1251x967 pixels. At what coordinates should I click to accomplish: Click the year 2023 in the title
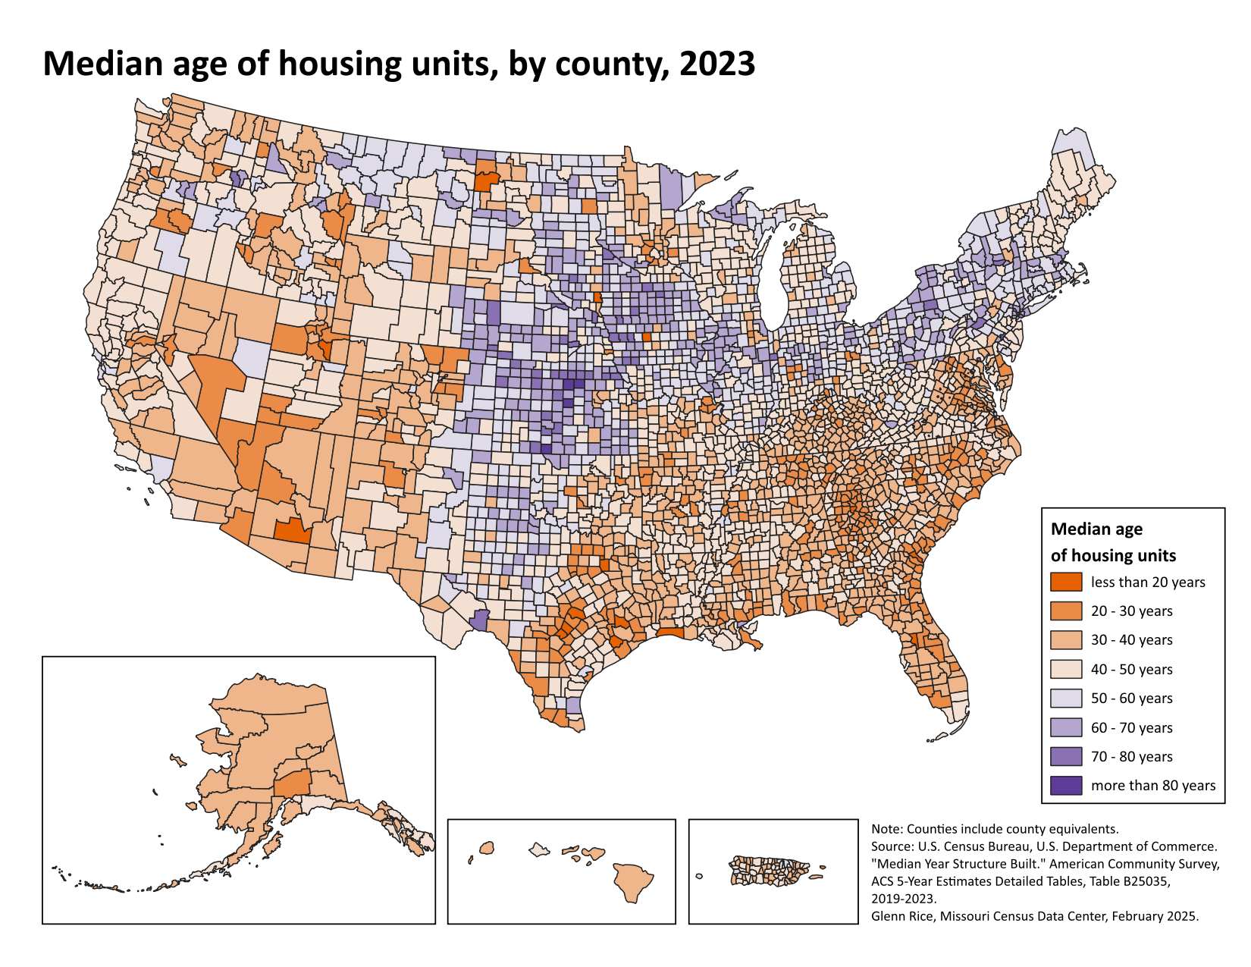click(716, 64)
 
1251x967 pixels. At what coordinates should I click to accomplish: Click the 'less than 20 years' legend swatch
click(1066, 582)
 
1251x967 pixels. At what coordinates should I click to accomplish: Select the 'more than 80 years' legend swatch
click(1066, 786)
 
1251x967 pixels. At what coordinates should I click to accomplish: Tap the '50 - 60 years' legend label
click(1131, 699)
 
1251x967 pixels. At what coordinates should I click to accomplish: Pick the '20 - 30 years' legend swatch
click(1066, 611)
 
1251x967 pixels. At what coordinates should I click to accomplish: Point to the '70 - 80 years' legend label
click(1131, 757)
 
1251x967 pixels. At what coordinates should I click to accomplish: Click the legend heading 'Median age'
click(1096, 529)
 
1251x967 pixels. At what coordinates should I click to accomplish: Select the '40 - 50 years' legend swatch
click(1066, 670)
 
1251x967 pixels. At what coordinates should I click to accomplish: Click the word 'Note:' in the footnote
click(887, 829)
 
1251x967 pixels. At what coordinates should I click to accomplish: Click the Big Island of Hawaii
click(633, 881)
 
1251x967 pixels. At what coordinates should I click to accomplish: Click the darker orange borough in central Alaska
click(292, 783)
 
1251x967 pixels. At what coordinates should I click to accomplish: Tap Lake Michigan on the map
click(773, 281)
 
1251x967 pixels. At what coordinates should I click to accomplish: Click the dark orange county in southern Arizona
click(292, 530)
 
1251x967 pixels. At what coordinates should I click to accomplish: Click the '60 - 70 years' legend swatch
click(1066, 727)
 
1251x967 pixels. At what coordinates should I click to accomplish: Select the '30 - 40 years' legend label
click(1131, 640)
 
